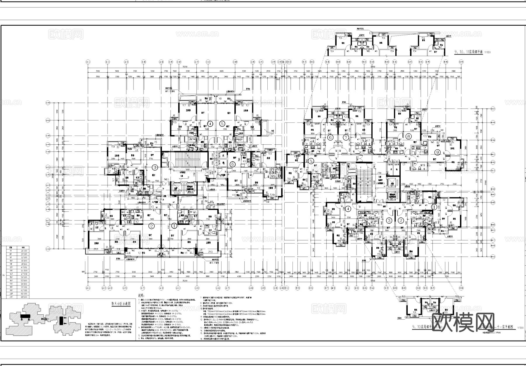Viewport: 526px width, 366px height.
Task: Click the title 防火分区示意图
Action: click(x=121, y=303)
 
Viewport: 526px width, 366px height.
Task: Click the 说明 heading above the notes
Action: click(x=141, y=295)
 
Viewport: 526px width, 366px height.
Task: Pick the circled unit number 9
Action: click(x=437, y=152)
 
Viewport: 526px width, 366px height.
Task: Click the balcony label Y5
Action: click(x=156, y=142)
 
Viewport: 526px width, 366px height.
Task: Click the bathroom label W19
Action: click(x=422, y=165)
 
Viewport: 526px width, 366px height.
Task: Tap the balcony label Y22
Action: click(x=425, y=136)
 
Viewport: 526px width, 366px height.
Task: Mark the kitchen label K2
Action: click(x=137, y=222)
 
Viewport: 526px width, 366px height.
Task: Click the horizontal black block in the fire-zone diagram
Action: click(x=25, y=316)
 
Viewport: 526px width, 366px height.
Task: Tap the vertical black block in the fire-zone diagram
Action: click(x=61, y=321)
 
